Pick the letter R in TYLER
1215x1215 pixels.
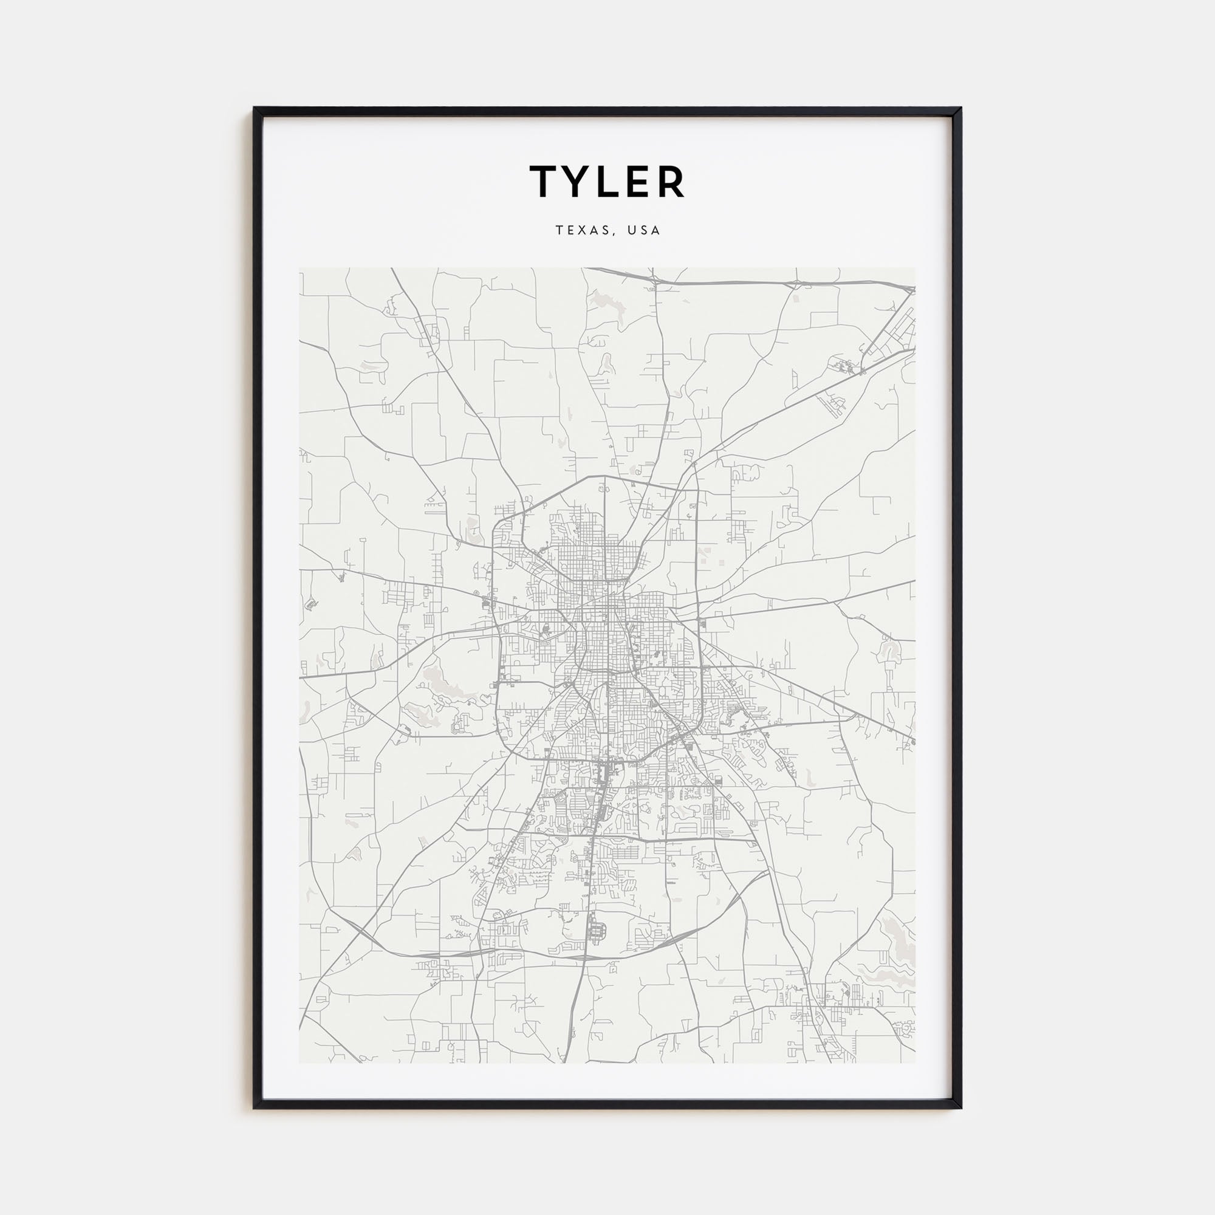pyautogui.click(x=671, y=182)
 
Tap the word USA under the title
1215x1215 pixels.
pyautogui.click(x=644, y=230)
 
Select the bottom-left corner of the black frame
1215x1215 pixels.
pyautogui.click(x=255, y=1107)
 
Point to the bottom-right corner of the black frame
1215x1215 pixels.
pyautogui.click(x=960, y=1107)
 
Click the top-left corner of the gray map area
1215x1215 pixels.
pyautogui.click(x=300, y=269)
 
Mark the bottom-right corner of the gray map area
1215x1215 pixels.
pyautogui.click(x=915, y=1062)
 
